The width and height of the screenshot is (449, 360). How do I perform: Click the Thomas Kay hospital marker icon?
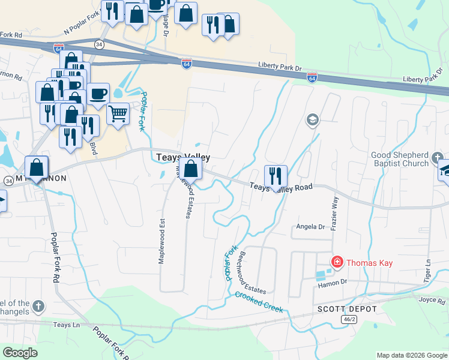[337, 262]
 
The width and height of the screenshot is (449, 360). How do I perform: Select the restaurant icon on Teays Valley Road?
[276, 176]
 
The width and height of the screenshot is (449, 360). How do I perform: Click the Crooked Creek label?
[259, 302]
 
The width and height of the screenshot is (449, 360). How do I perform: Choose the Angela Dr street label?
[310, 227]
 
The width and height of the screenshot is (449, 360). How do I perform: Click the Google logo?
[20, 353]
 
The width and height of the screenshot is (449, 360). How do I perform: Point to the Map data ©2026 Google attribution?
[411, 355]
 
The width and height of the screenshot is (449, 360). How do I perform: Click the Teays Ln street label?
[67, 325]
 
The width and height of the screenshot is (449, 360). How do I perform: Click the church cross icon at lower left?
[38, 307]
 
